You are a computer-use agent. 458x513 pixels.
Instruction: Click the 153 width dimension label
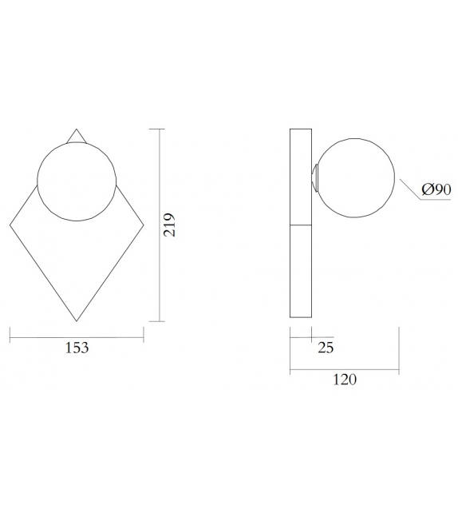tap(77, 348)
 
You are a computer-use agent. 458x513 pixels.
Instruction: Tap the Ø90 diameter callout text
tap(436, 189)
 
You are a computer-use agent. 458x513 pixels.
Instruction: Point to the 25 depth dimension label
tap(326, 348)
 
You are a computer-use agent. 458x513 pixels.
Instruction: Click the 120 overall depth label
tap(344, 380)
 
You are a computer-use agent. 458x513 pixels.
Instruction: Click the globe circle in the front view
tap(77, 181)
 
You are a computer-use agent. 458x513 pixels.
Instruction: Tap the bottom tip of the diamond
tap(77, 321)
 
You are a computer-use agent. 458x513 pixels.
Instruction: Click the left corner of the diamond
tap(10, 225)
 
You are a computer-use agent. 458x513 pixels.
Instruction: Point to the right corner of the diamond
tap(144, 225)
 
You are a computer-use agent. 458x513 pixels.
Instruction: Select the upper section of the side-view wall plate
tap(301, 176)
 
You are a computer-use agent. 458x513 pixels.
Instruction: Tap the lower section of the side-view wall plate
tap(301, 272)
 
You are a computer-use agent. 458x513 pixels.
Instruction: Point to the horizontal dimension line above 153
tap(77, 336)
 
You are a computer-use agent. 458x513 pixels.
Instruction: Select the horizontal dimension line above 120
tap(344, 369)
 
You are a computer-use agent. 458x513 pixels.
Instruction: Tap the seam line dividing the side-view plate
tap(301, 225)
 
